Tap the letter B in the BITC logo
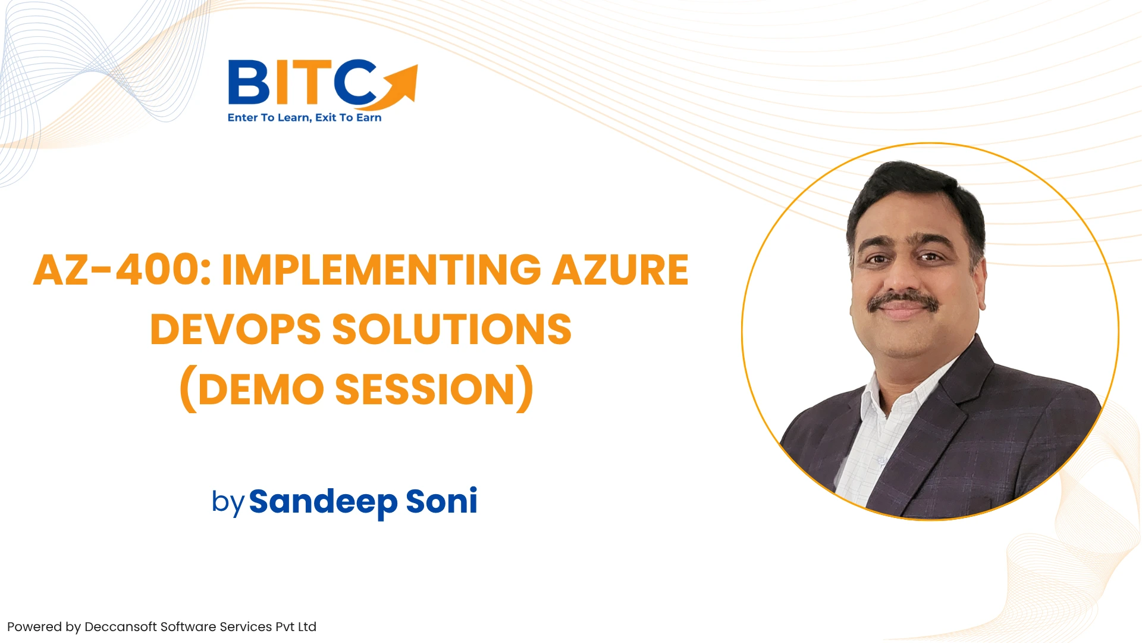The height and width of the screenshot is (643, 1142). [x=249, y=82]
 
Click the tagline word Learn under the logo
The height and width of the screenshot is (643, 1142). [x=294, y=118]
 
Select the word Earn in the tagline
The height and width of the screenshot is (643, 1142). [x=369, y=117]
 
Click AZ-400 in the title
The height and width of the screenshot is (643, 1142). [x=122, y=270]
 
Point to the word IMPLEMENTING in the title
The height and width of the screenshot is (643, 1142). [x=381, y=270]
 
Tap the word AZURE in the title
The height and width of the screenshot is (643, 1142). [x=620, y=270]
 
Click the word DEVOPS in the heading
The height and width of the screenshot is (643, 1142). [x=235, y=329]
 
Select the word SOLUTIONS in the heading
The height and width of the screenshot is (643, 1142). [x=451, y=329]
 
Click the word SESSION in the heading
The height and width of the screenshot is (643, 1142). [x=425, y=389]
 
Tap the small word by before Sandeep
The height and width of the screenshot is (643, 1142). [x=228, y=502]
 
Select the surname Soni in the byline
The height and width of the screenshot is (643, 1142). [x=441, y=501]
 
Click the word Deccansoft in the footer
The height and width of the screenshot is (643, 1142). [x=121, y=627]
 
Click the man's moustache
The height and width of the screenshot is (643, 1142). [x=903, y=301]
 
